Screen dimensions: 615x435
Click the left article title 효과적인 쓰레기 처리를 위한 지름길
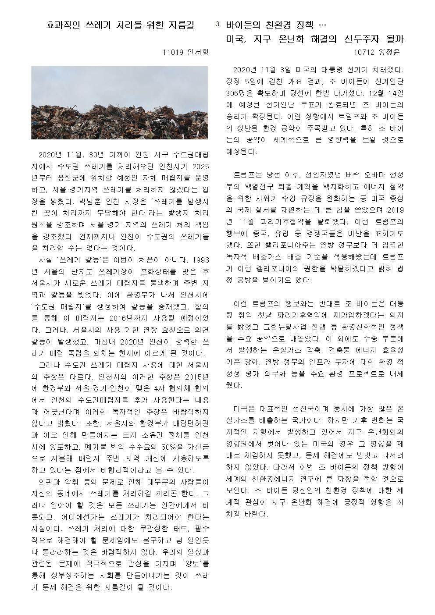[119, 25]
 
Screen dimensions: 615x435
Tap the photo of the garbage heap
[119, 103]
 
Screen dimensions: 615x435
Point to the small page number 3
[217, 25]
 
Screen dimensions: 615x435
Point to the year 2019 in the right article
[395, 210]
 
